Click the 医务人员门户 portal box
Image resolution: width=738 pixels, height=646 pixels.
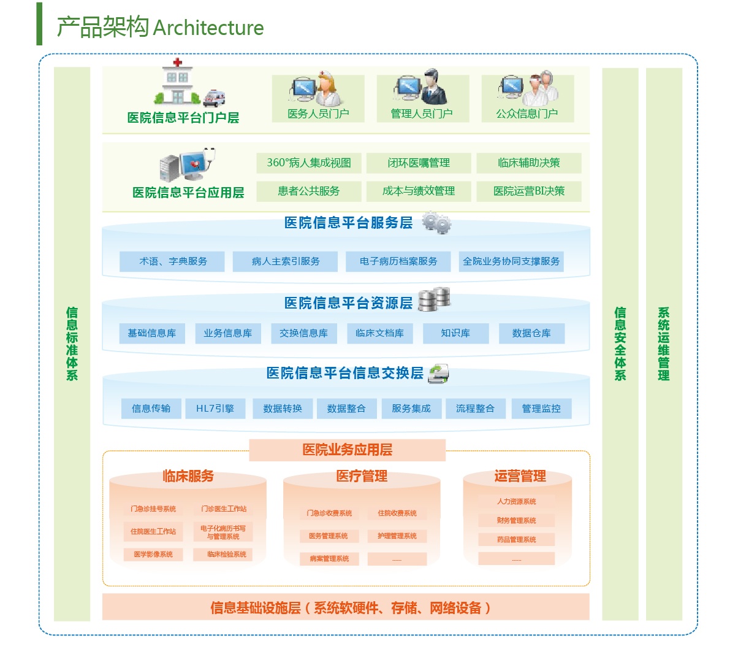[x=318, y=99]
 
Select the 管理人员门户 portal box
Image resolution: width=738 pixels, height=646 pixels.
[x=422, y=99]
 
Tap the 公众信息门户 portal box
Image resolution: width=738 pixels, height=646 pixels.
[x=527, y=99]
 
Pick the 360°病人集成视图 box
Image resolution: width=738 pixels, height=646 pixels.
[x=309, y=163]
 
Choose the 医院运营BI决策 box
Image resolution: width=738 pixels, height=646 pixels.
[x=529, y=191]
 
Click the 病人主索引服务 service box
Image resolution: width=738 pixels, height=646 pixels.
[x=286, y=261]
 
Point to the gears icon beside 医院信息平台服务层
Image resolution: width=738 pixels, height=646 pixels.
[x=436, y=223]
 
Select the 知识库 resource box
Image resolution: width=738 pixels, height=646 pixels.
[x=455, y=333]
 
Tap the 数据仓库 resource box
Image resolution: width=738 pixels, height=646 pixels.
[x=531, y=333]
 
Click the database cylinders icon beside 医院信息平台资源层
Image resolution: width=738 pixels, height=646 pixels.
[x=434, y=299]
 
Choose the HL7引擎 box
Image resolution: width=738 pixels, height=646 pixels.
[x=215, y=409]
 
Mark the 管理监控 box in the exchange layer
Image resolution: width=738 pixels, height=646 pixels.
[x=541, y=409]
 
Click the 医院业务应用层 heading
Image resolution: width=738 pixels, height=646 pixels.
[x=347, y=450]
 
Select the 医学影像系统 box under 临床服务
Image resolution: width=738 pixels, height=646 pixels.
[x=153, y=555]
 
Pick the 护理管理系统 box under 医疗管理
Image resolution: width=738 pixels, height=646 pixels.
[x=397, y=536]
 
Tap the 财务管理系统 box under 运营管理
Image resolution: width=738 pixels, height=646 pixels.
[x=516, y=521]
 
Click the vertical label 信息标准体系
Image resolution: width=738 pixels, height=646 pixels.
[x=72, y=344]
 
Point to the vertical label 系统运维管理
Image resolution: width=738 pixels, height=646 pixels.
[x=664, y=344]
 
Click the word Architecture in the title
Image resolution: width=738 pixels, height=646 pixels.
[x=208, y=28]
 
